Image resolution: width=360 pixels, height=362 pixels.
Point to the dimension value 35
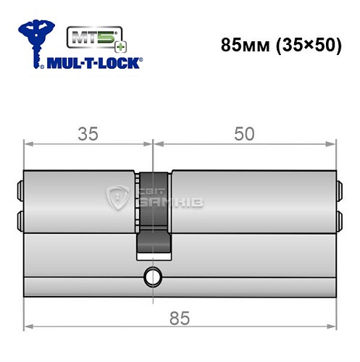point(88,134)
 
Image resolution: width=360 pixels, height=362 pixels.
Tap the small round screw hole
point(153,276)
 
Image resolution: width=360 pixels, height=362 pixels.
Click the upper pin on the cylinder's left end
point(20,191)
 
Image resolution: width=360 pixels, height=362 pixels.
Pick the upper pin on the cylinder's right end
point(338,191)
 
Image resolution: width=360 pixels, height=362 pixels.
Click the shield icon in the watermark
point(117,195)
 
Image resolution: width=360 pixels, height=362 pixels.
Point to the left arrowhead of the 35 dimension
point(28,144)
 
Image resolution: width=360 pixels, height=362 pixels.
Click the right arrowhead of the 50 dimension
point(333,144)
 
